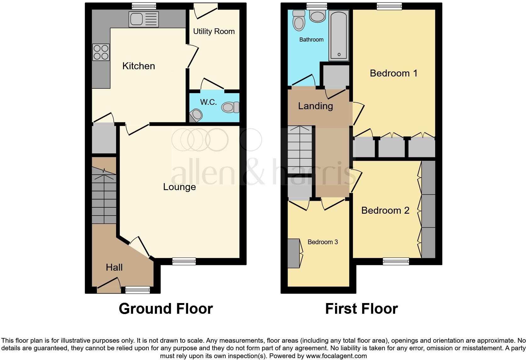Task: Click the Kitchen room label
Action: click(138, 66)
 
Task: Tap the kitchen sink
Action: click(143, 19)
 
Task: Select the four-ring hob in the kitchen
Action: click(101, 52)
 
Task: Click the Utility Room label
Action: click(214, 31)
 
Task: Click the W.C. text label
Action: click(208, 102)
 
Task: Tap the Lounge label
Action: click(179, 187)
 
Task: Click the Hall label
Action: click(114, 267)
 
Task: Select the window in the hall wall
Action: click(137, 290)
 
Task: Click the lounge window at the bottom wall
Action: click(184, 261)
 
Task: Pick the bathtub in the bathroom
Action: click(339, 35)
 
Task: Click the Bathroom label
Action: click(311, 40)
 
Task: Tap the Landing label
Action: click(316, 106)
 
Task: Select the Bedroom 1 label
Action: click(394, 73)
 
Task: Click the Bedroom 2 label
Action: click(385, 210)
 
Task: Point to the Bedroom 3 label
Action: click(323, 242)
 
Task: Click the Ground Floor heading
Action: click(166, 309)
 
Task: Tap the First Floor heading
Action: click(361, 309)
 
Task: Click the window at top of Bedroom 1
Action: click(389, 6)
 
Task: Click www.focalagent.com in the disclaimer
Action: click(336, 356)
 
